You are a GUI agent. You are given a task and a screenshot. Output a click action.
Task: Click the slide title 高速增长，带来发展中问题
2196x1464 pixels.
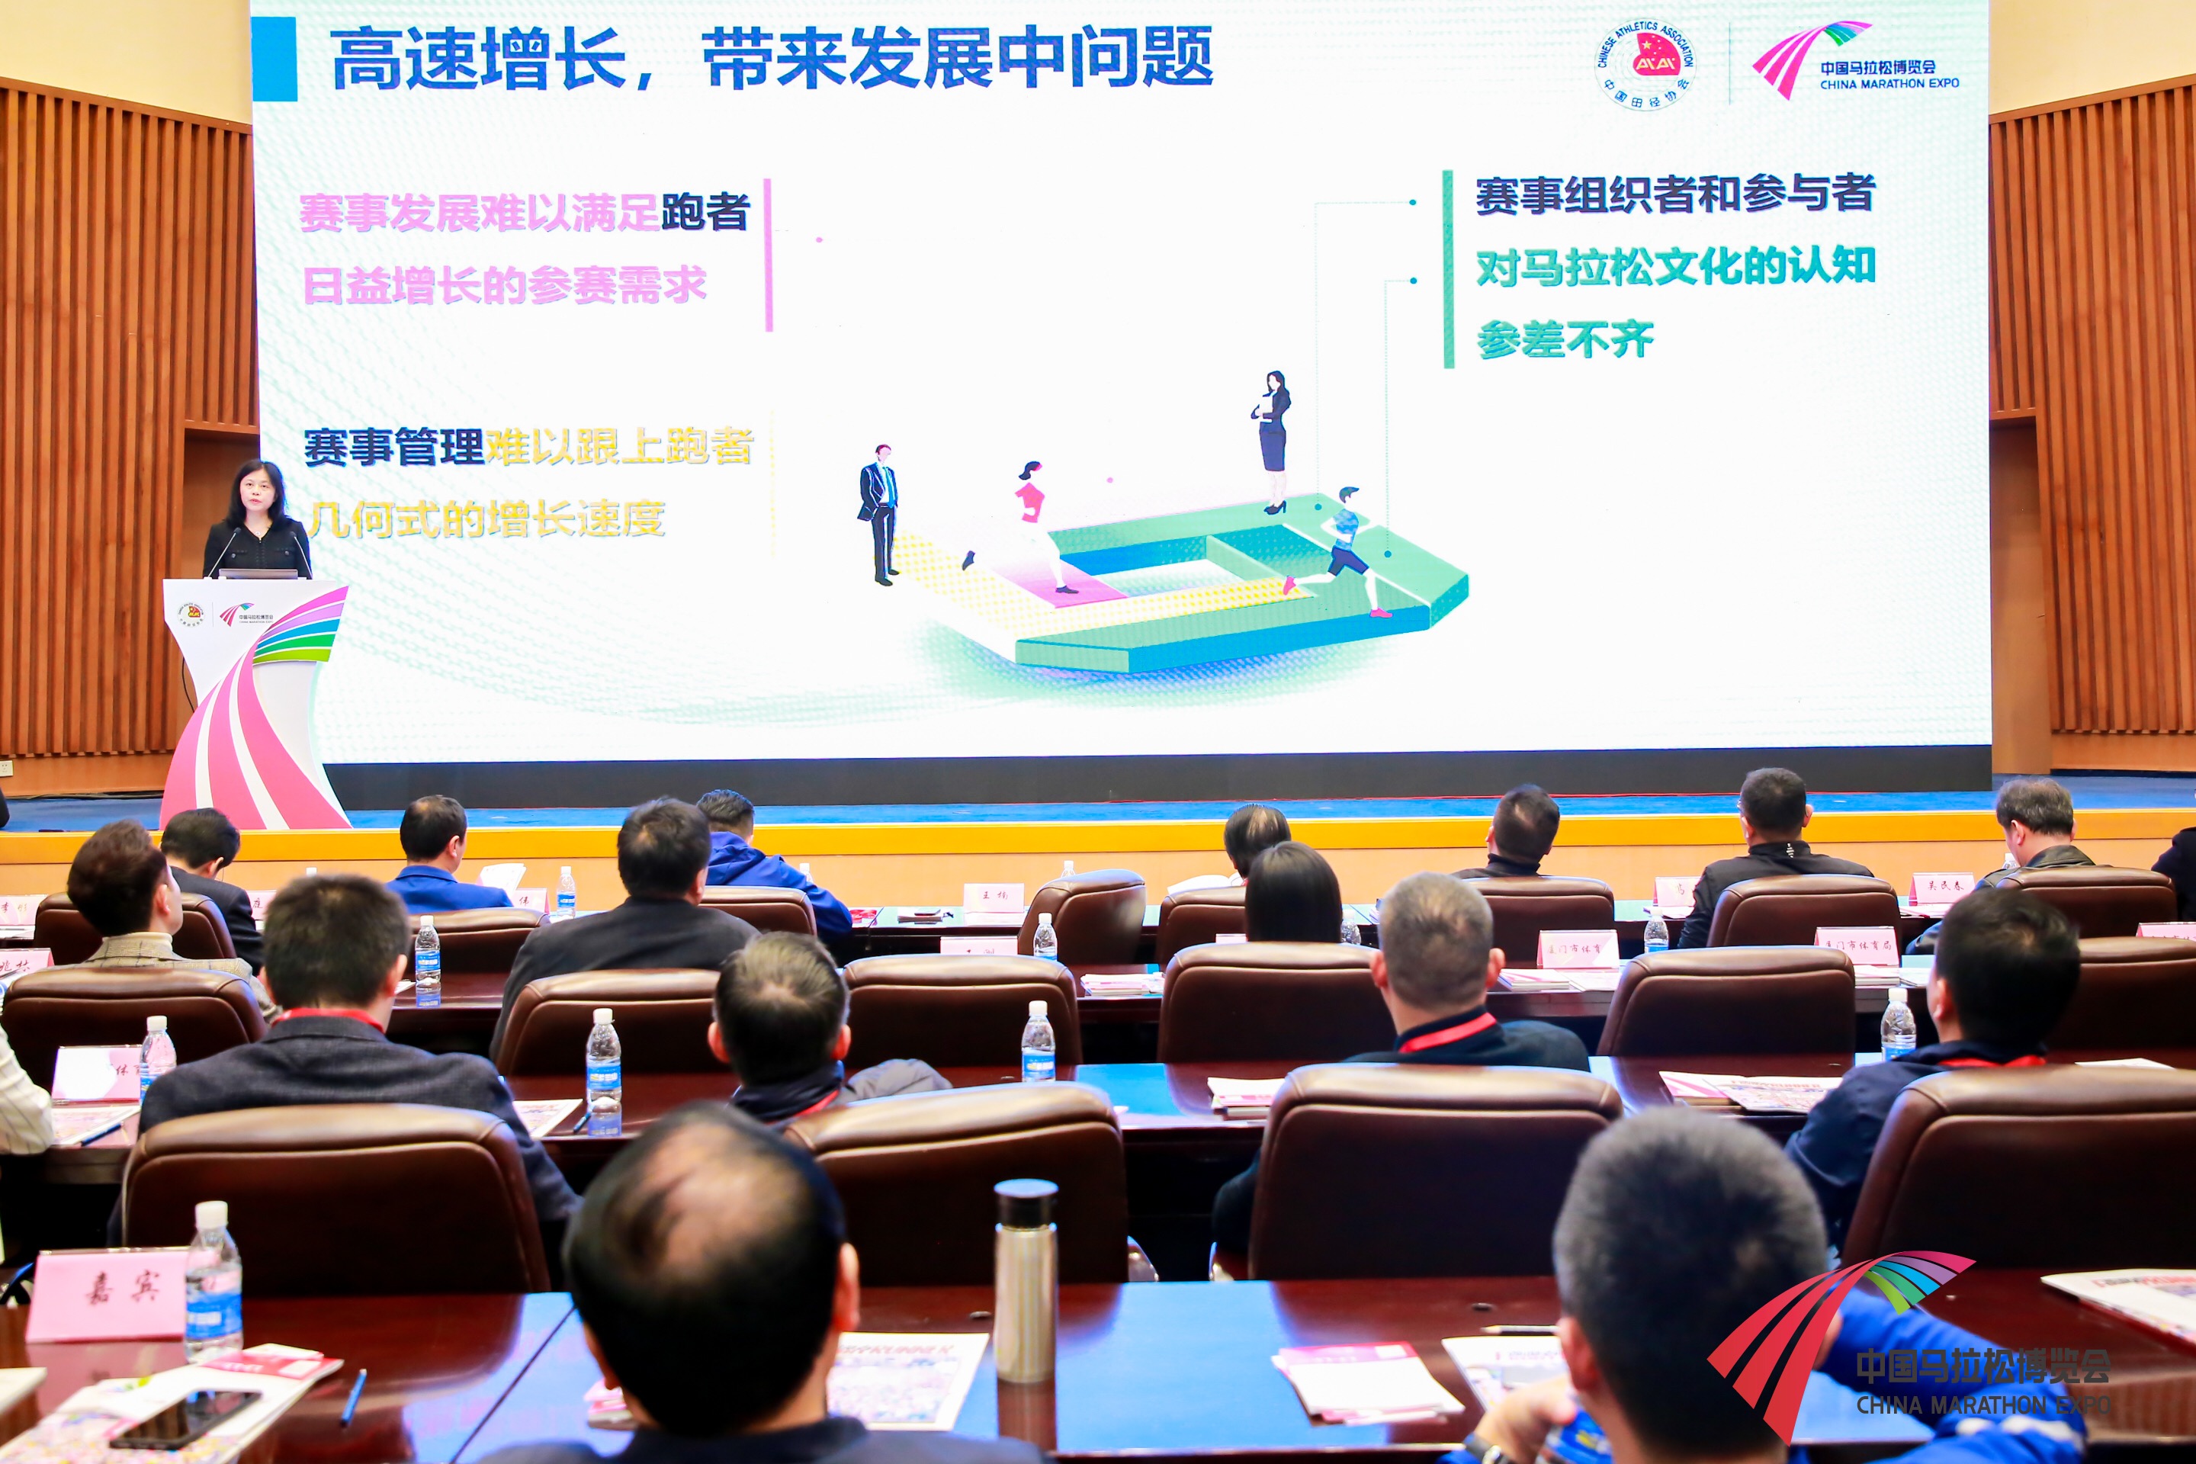771,59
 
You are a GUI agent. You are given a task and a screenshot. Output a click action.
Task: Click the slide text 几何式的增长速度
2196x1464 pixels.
486,519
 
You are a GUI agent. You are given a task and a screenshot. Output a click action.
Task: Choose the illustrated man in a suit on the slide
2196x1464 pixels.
878,512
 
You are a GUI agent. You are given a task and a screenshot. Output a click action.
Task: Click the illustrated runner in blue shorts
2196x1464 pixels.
1343,551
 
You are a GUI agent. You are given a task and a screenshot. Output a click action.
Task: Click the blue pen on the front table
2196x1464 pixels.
353,1397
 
